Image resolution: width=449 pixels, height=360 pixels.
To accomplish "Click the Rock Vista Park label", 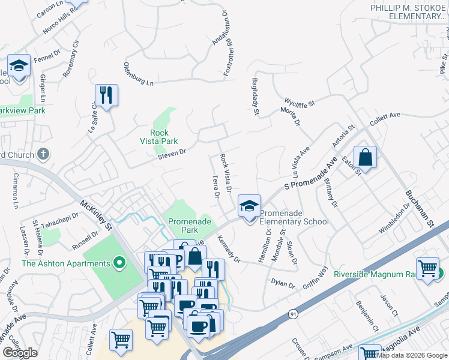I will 164,137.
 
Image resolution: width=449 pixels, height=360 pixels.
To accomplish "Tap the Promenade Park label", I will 190,226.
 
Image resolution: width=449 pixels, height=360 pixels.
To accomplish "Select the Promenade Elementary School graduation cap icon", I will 249,206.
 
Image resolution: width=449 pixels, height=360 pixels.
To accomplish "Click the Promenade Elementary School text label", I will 294,217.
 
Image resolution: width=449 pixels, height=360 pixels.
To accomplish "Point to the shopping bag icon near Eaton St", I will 365,158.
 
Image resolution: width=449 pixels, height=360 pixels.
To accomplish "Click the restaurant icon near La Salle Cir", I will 106,95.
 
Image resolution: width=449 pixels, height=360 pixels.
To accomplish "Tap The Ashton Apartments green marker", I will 119,263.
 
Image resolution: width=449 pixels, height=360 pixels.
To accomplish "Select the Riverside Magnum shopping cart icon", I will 427,268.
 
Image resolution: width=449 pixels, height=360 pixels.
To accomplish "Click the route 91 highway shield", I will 293,314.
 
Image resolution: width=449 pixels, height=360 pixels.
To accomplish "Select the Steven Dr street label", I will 172,154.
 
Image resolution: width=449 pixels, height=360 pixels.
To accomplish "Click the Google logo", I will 20,353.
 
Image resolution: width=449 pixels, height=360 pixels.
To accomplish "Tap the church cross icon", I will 42,155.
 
